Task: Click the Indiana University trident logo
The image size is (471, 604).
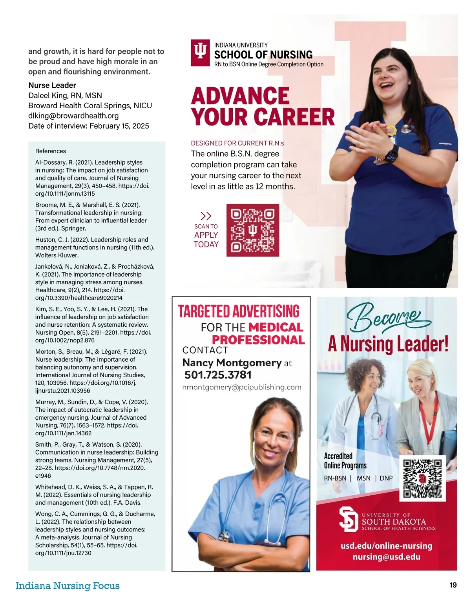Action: pyautogui.click(x=200, y=53)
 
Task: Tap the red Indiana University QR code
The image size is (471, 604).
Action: pyautogui.click(x=253, y=230)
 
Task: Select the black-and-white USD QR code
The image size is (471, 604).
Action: pyautogui.click(x=422, y=478)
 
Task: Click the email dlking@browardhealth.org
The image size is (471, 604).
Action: pyautogui.click(x=73, y=116)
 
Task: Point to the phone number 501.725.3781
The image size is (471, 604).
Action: pyautogui.click(x=218, y=375)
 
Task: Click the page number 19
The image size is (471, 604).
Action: pyautogui.click(x=453, y=585)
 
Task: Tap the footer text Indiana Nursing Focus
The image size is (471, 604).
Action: pyautogui.click(x=68, y=586)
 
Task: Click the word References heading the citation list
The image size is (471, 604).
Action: pyautogui.click(x=51, y=151)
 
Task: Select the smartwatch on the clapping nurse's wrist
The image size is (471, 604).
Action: pyautogui.click(x=391, y=153)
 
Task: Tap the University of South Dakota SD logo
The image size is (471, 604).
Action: pyautogui.click(x=349, y=519)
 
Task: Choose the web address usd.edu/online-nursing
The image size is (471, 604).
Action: pyautogui.click(x=386, y=546)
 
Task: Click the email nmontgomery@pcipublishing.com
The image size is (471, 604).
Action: pyautogui.click(x=242, y=387)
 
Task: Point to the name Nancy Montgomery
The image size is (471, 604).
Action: pyautogui.click(x=232, y=362)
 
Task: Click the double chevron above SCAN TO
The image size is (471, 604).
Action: pyautogui.click(x=206, y=216)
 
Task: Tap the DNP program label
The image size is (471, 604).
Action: pyautogui.click(x=386, y=478)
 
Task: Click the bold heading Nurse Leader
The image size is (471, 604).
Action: pyautogui.click(x=52, y=85)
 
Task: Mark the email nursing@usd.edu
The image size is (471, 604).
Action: pyautogui.click(x=386, y=557)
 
